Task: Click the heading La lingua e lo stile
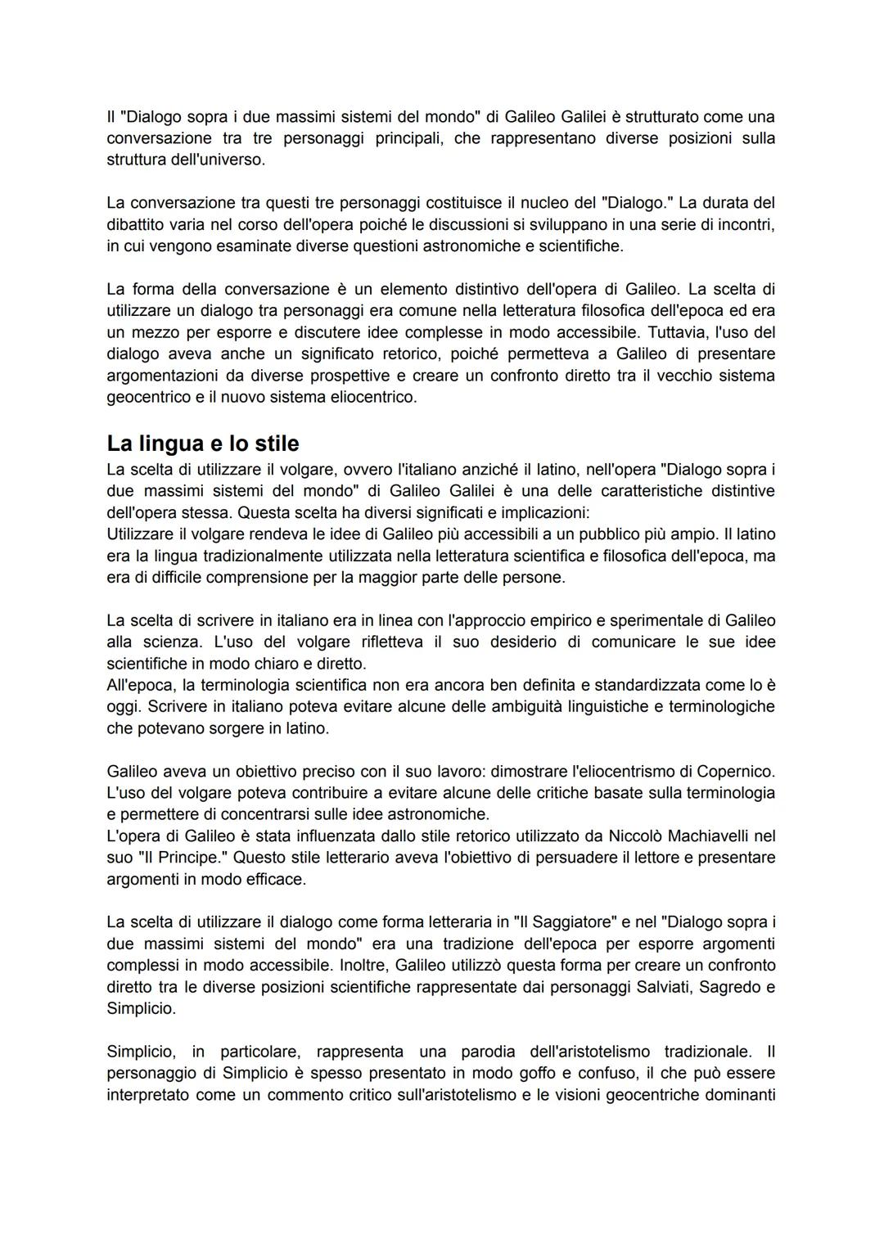(x=202, y=444)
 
